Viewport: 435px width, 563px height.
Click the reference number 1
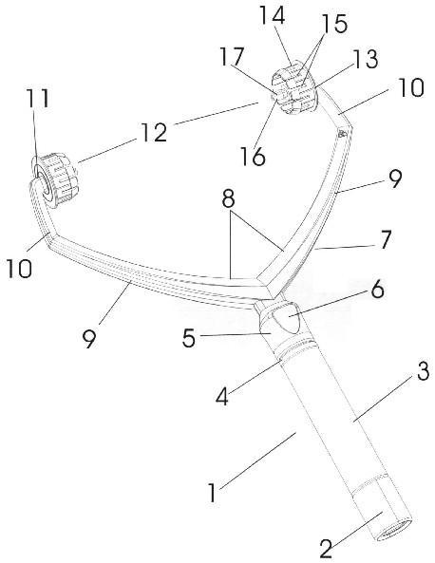tap(213, 493)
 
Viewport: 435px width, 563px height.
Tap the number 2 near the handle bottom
tap(326, 548)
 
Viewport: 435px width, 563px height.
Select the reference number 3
tap(423, 371)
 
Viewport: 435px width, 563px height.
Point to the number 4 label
tap(222, 397)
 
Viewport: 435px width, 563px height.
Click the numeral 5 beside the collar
tap(189, 338)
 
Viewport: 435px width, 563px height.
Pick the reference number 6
tap(377, 290)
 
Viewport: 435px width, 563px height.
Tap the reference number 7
tap(386, 240)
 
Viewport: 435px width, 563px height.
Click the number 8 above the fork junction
tap(229, 198)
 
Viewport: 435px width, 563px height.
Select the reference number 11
tap(38, 98)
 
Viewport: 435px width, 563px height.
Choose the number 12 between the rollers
tap(153, 133)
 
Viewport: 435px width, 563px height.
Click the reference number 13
tap(366, 59)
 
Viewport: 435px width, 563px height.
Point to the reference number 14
tap(272, 15)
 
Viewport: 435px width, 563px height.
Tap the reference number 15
tap(334, 24)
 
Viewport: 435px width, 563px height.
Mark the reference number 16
tap(253, 157)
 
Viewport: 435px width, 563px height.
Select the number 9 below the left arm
tap(89, 339)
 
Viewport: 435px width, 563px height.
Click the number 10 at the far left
tap(19, 269)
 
